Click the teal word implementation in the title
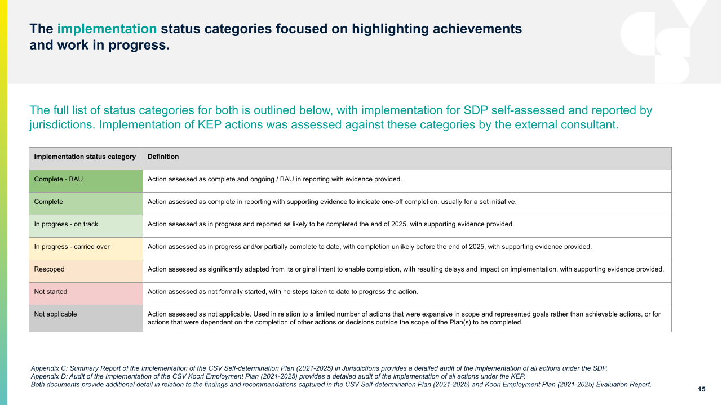pos(107,29)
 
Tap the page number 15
pos(702,389)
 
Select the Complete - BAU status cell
pos(86,180)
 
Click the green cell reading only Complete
pos(86,202)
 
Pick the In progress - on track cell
pos(86,225)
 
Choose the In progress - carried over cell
pos(86,247)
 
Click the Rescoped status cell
pos(86,270)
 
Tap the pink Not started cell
pos(86,292)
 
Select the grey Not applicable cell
pos(86,318)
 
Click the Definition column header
pos(163,157)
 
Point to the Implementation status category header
pos(85,157)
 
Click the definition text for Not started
pos(282,292)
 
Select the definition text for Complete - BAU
pos(274,179)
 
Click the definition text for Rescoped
pos(405,269)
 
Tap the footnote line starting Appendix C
pos(319,368)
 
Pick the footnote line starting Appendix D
pos(278,376)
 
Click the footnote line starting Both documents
pos(341,385)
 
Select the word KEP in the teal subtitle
pos(207,125)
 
